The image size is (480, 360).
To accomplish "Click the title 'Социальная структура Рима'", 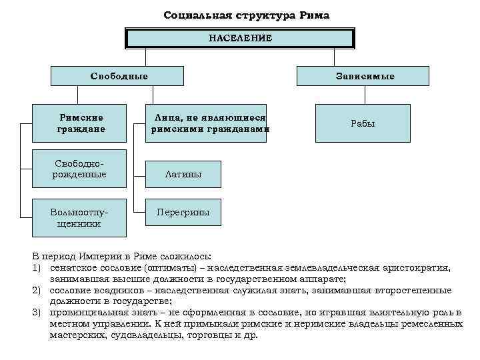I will click(x=246, y=15).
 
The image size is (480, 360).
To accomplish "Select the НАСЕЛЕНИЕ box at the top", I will click(x=240, y=39).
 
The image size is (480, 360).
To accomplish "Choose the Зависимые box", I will click(x=364, y=76).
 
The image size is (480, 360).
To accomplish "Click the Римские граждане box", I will click(x=81, y=123).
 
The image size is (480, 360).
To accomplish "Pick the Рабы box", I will click(x=363, y=123).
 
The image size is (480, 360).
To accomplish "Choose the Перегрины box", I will click(x=183, y=213).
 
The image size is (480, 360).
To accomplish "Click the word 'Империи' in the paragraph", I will click(x=98, y=257).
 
